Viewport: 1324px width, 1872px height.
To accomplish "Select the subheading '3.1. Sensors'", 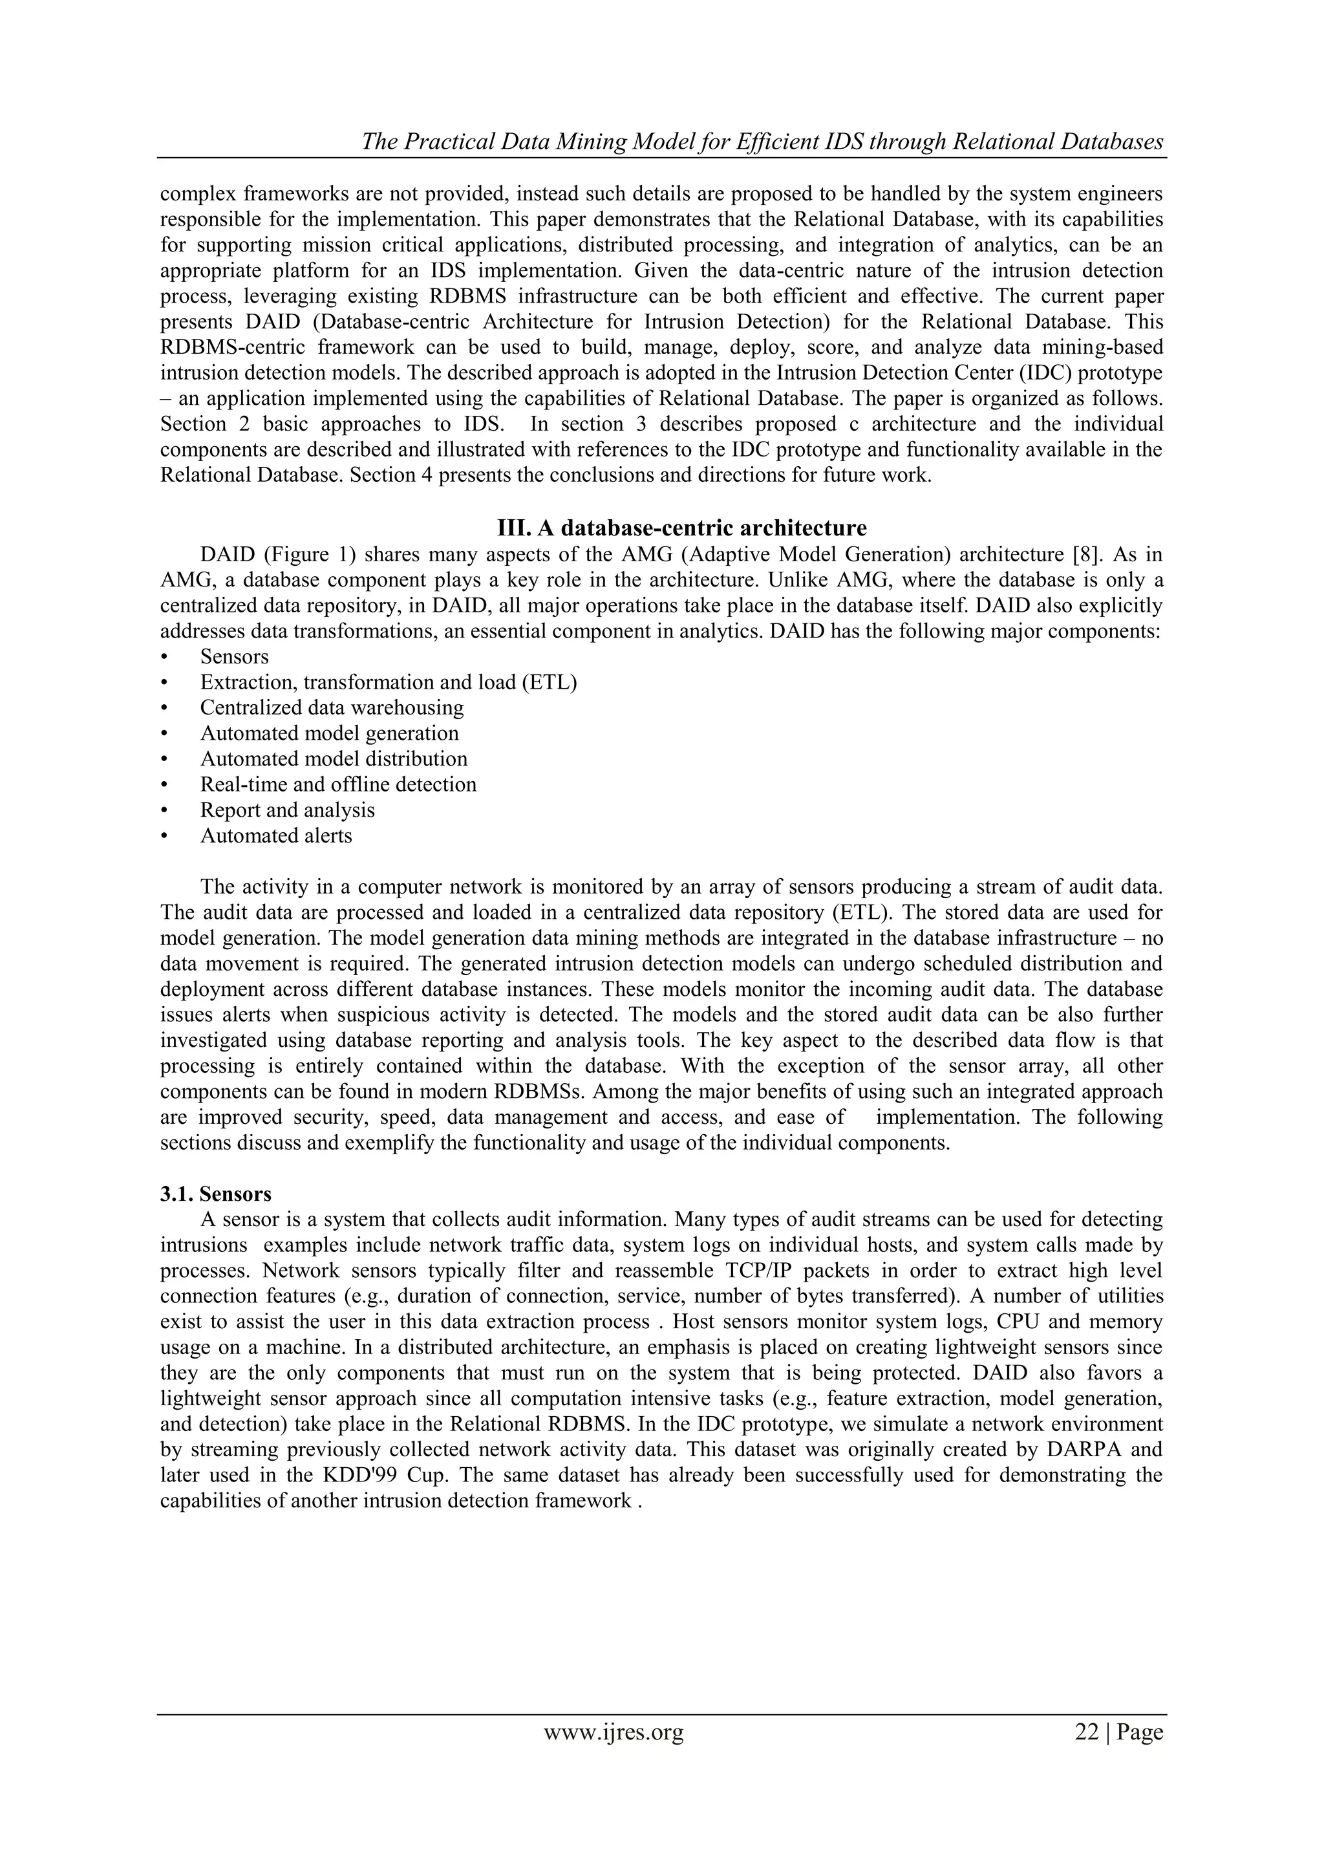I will (215, 1194).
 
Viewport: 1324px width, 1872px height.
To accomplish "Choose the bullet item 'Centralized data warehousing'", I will (332, 707).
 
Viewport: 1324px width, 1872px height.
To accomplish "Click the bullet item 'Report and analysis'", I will (287, 810).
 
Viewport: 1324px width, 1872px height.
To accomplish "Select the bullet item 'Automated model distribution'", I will (334, 758).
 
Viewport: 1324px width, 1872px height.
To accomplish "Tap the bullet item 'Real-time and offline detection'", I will (338, 784).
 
